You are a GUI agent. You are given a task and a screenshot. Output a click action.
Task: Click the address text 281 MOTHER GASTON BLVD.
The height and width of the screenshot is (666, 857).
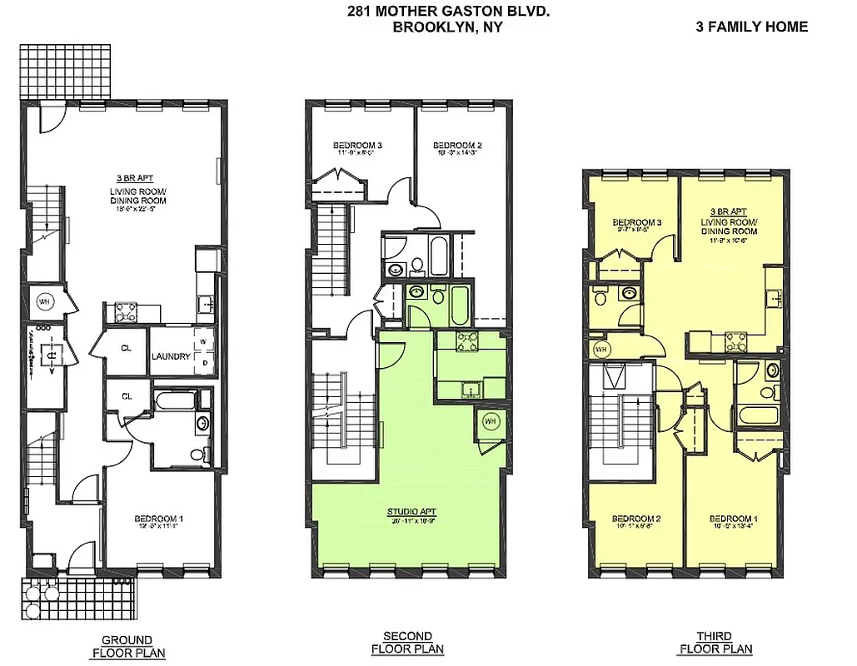pos(448,11)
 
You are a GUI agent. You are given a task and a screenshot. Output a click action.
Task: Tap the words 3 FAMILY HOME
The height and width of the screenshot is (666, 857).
pos(751,27)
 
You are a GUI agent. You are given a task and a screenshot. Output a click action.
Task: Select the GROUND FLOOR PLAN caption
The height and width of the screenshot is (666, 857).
pos(127,646)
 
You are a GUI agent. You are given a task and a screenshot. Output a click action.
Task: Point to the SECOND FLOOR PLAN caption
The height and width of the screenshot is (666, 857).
pos(407,644)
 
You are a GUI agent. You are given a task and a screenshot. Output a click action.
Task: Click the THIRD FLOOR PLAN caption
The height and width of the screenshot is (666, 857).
pos(715,644)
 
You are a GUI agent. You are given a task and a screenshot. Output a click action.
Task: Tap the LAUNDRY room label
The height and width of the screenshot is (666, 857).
pos(172,357)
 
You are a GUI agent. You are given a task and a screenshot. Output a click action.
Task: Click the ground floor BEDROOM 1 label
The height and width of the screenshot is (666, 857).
pos(158,519)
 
